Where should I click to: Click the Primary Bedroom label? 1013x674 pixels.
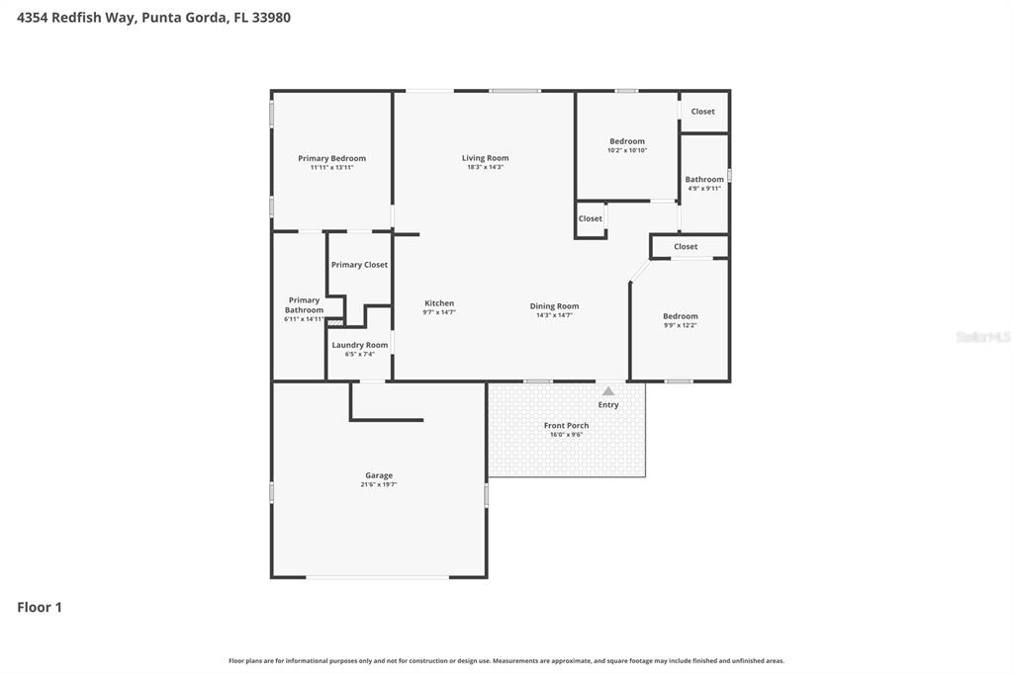[331, 158]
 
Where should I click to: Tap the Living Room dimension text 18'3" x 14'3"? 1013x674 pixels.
[485, 167]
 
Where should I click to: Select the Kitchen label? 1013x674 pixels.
[439, 303]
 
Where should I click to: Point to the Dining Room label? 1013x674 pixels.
[554, 306]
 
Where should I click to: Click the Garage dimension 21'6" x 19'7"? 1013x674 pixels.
[379, 484]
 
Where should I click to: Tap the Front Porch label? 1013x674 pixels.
[566, 425]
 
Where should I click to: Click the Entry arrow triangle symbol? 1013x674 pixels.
[608, 391]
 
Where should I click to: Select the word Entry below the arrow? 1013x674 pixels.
[608, 404]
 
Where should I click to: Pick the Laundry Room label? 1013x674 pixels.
[360, 345]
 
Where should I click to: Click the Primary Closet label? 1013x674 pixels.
[359, 265]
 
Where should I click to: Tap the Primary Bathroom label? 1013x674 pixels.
[304, 305]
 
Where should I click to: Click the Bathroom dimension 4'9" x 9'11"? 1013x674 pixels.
[704, 188]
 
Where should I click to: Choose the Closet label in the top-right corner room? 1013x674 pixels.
[702, 112]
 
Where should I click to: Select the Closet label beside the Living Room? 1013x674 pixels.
[591, 218]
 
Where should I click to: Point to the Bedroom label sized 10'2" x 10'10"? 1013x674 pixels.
[627, 141]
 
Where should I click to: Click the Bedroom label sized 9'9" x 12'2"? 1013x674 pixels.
[681, 316]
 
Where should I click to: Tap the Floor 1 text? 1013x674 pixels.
[40, 608]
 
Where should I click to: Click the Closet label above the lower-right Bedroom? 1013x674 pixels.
[686, 246]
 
